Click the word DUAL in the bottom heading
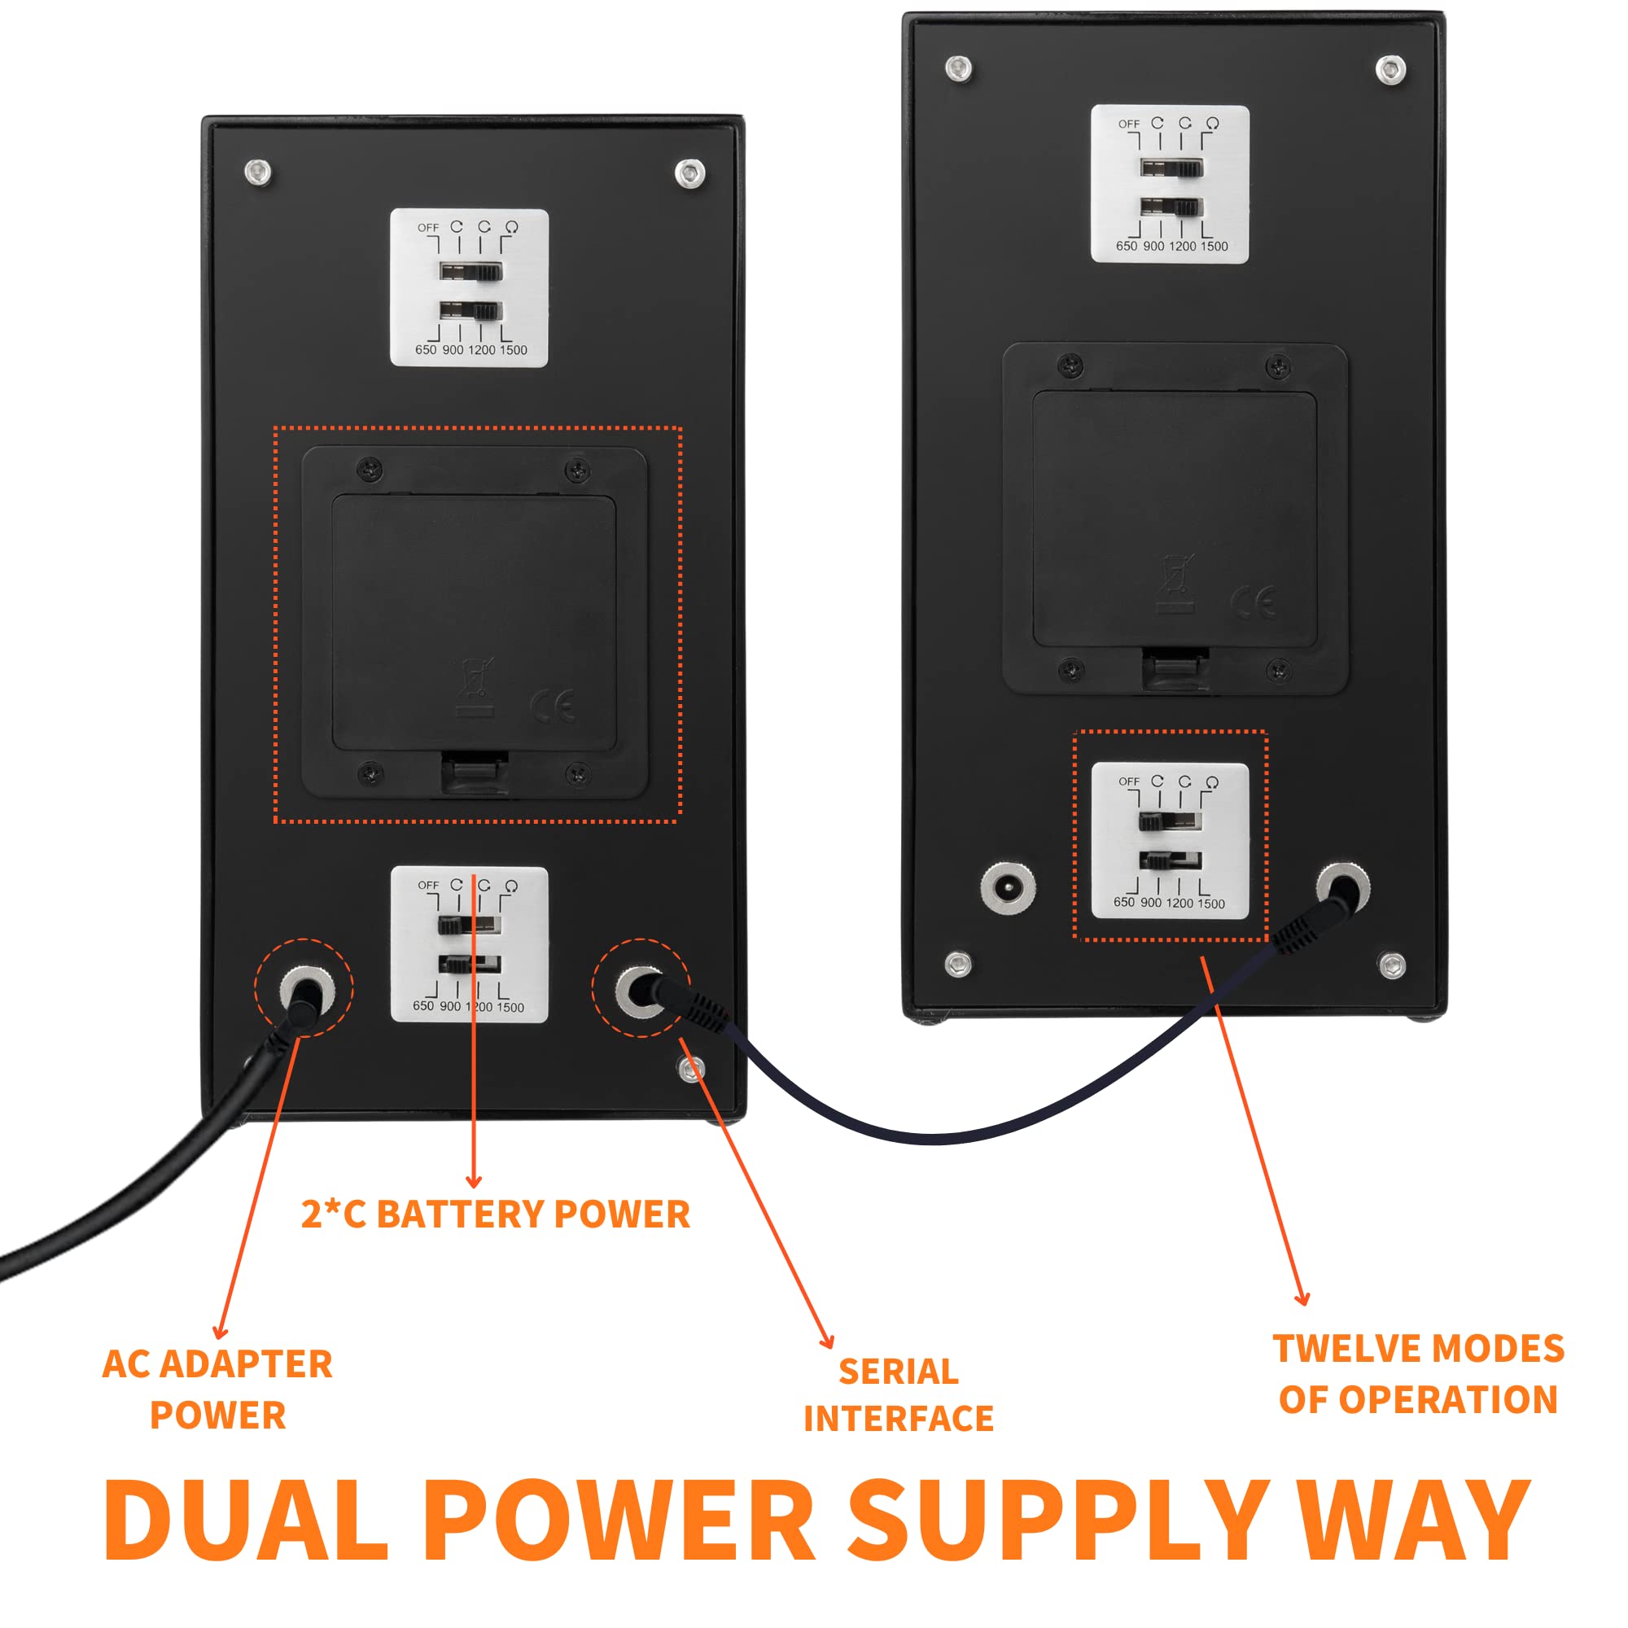point(246,1520)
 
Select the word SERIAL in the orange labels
point(899,1371)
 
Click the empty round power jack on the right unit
point(1009,887)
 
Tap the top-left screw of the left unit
point(258,173)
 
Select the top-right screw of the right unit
point(1390,69)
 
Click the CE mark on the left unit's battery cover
point(554,704)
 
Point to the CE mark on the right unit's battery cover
point(1254,602)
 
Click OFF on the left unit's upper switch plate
point(428,228)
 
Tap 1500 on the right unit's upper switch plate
point(1214,246)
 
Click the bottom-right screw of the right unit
point(1391,965)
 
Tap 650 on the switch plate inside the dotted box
point(1124,902)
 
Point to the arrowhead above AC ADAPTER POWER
point(220,1333)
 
